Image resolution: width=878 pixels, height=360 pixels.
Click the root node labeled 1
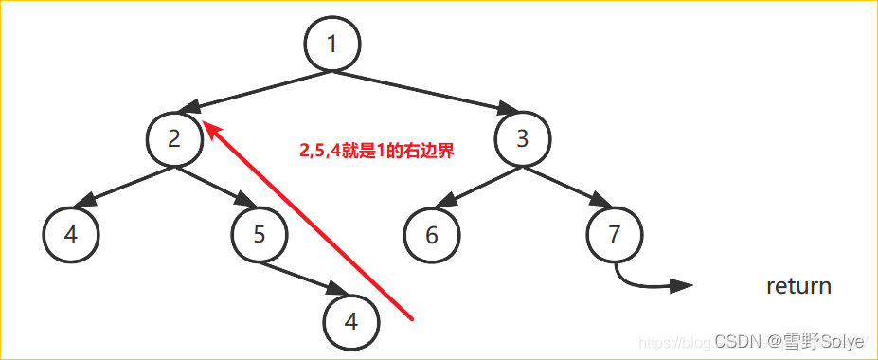[332, 43]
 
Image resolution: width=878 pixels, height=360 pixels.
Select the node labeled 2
[174, 139]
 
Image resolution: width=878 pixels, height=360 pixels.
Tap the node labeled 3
[523, 139]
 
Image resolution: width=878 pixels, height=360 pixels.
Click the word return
[798, 286]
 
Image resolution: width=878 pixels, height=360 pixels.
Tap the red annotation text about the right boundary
[377, 150]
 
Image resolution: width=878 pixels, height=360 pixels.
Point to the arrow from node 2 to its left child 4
[123, 185]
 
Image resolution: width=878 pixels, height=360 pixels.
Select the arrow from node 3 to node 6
[478, 185]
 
